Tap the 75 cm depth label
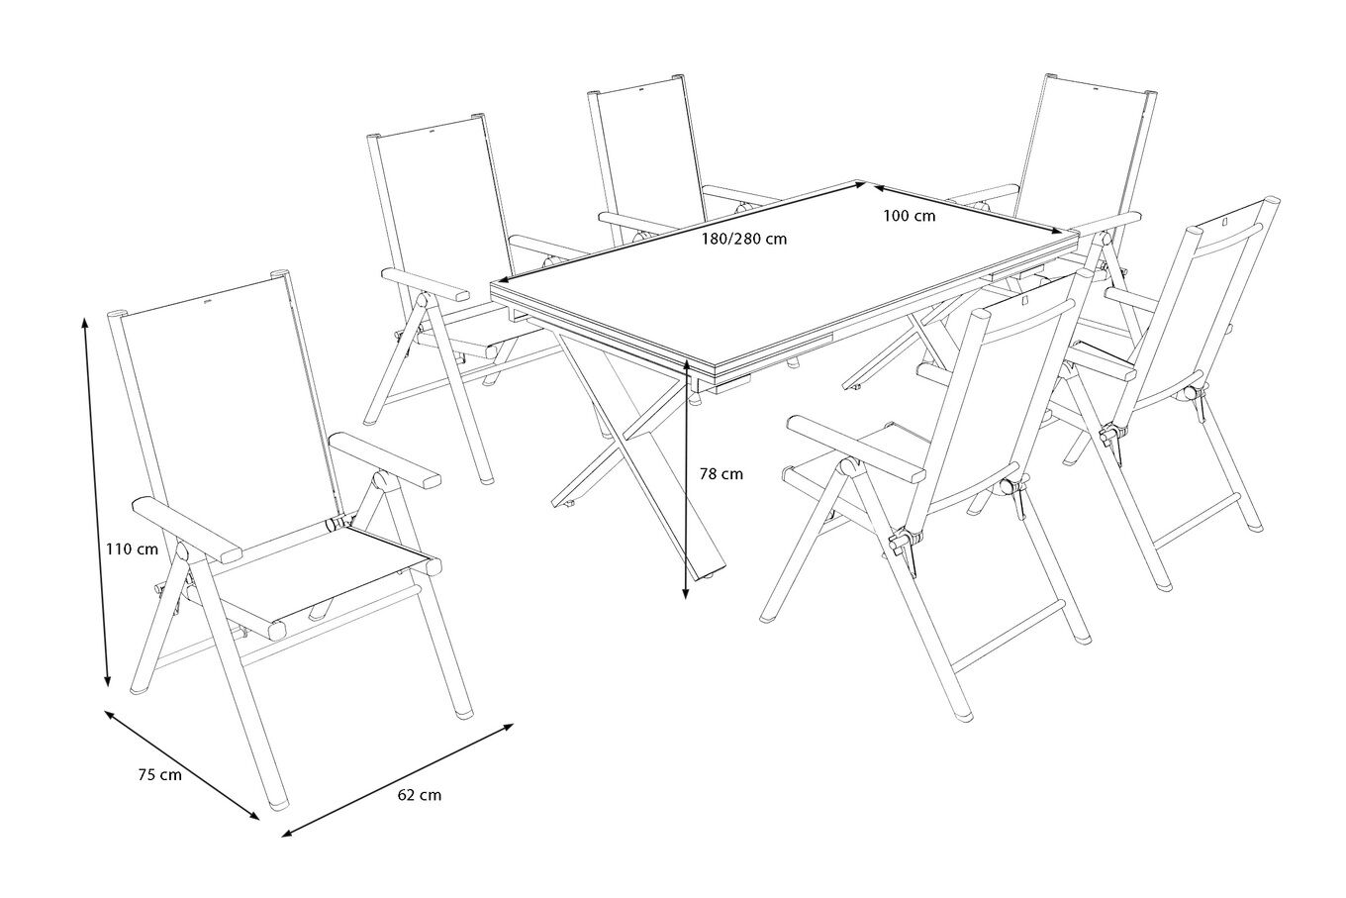tap(159, 775)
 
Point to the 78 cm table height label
tap(721, 474)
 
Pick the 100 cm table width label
tap(909, 217)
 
